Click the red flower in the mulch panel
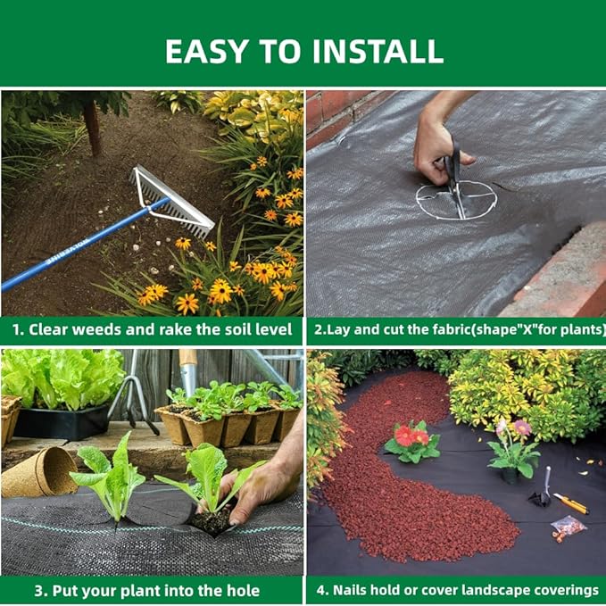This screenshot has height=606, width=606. point(412,436)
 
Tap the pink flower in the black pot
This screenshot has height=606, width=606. point(522,428)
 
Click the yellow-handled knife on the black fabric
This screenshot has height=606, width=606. point(570,503)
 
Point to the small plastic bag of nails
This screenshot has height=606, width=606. point(568,527)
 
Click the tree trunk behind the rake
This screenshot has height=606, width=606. point(92,125)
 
